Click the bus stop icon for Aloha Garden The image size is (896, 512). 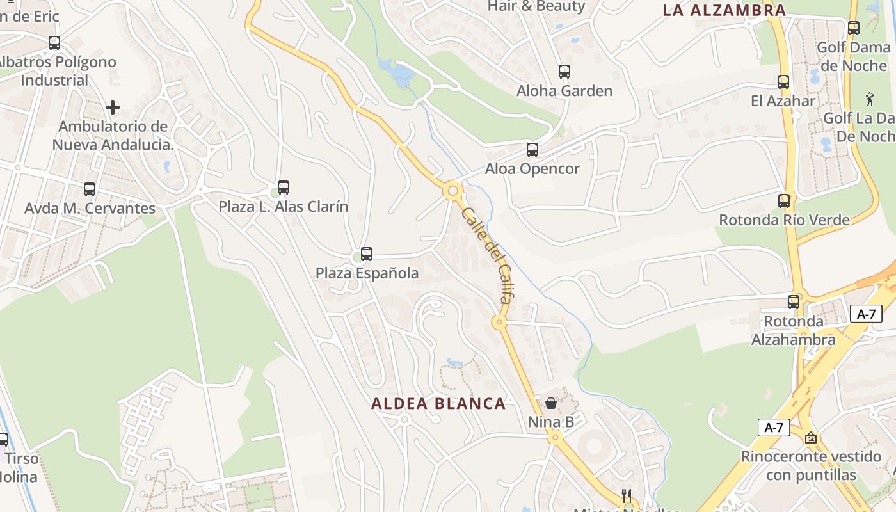[x=564, y=72]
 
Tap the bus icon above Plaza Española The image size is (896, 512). [x=367, y=254]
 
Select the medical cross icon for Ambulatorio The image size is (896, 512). [x=113, y=107]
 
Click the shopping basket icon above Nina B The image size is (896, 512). [x=550, y=403]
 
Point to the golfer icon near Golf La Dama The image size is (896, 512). [x=869, y=99]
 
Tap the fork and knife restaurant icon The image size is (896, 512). [x=627, y=496]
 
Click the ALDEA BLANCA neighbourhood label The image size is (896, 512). [x=438, y=404]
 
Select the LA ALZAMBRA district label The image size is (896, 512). [x=724, y=10]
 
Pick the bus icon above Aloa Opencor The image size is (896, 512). [x=532, y=150]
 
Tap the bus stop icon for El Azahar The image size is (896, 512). [x=783, y=82]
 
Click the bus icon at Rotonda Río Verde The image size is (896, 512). [x=784, y=200]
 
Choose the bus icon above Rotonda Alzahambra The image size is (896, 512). [x=794, y=302]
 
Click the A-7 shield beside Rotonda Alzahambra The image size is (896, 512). [x=866, y=314]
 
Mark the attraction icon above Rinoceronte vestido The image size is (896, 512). [x=811, y=438]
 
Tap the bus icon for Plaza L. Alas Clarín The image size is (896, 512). [x=284, y=188]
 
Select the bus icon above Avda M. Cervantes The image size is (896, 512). [x=90, y=189]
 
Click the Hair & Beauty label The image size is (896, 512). [x=536, y=6]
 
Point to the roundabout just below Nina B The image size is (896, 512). [x=554, y=438]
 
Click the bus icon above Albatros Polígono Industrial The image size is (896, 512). [x=54, y=43]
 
